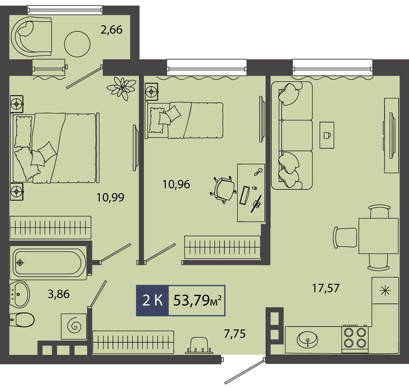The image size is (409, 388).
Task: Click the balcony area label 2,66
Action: click(x=111, y=30)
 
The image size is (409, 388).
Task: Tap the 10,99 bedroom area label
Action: click(x=110, y=197)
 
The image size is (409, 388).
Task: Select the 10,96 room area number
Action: click(x=176, y=184)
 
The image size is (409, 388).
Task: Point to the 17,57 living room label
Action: click(x=326, y=288)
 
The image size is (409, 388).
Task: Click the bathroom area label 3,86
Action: click(x=59, y=294)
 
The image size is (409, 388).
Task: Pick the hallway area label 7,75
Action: click(x=235, y=334)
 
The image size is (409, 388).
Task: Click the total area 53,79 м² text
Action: click(x=197, y=301)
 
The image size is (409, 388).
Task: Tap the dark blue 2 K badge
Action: click(x=153, y=301)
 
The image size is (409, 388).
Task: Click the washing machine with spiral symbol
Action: click(x=74, y=326)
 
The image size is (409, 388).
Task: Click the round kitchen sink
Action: click(x=308, y=340)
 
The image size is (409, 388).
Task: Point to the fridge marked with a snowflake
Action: click(x=385, y=290)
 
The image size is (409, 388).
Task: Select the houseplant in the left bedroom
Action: click(x=121, y=88)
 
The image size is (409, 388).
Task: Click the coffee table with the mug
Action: click(x=327, y=135)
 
